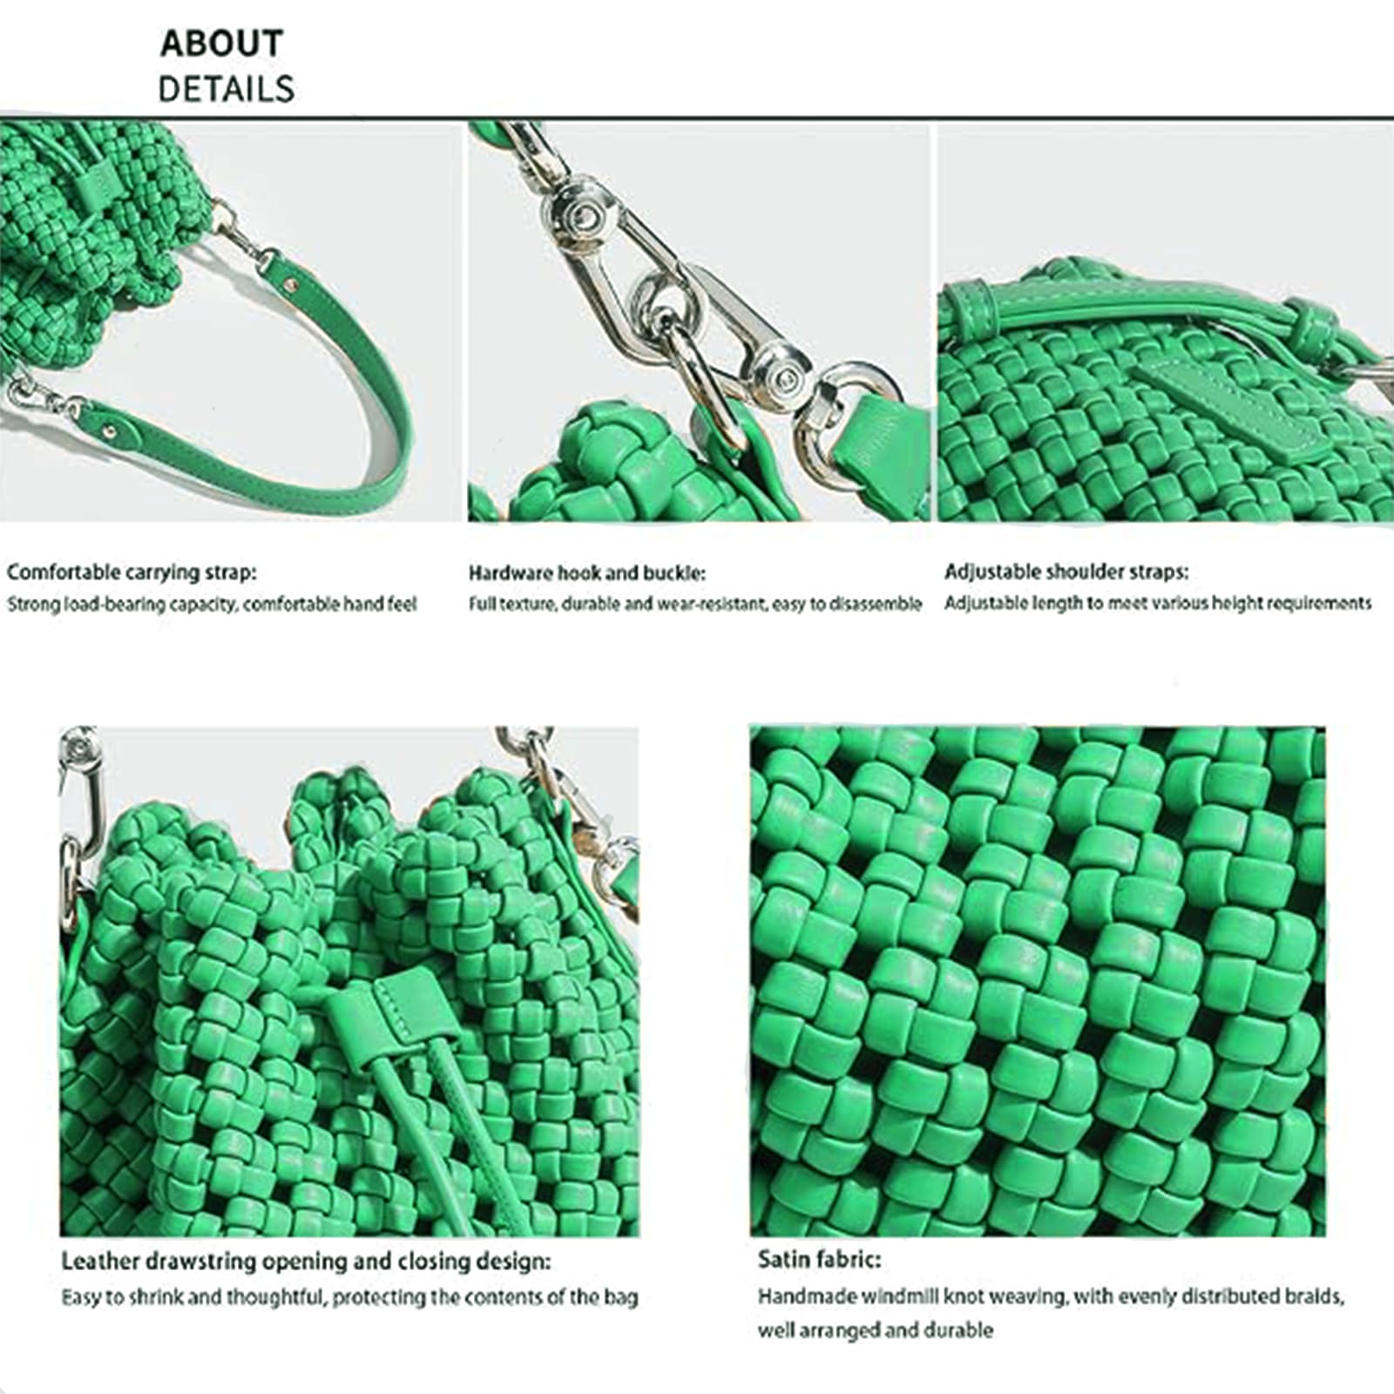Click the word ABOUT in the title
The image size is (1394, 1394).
(x=221, y=43)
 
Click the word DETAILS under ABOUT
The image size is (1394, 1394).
(x=226, y=89)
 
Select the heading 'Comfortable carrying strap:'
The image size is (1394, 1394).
(x=132, y=572)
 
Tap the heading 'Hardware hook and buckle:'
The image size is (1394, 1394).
(x=587, y=572)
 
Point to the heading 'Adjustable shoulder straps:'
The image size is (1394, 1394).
(x=1066, y=572)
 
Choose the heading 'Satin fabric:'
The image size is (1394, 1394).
(x=819, y=1259)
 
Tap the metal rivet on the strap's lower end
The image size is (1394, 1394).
(x=111, y=430)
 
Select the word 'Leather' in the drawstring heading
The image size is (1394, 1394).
(x=100, y=1262)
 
